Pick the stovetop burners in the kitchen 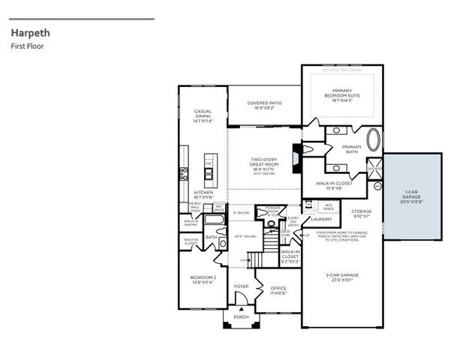[182, 175]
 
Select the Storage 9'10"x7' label [362, 214]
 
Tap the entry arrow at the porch [241, 309]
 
